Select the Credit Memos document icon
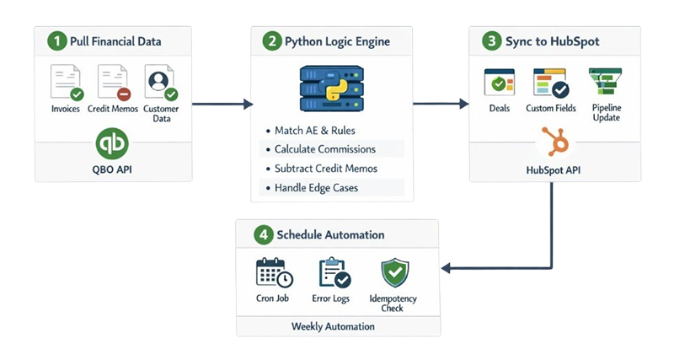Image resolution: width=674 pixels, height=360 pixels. [112, 83]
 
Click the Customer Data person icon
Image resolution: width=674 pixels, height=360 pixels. [160, 83]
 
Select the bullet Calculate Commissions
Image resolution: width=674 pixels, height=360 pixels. [325, 149]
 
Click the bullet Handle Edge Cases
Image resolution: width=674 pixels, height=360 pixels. [316, 187]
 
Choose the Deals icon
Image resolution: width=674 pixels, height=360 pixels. [499, 83]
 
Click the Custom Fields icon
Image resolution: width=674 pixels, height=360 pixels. [551, 83]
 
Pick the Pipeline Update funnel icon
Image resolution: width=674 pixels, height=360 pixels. [604, 83]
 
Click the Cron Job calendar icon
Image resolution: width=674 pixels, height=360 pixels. [274, 272]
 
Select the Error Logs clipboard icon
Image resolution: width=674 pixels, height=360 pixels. [334, 272]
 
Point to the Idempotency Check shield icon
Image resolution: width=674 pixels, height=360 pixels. [393, 271]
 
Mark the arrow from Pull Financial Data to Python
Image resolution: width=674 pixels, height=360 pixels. [222, 105]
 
